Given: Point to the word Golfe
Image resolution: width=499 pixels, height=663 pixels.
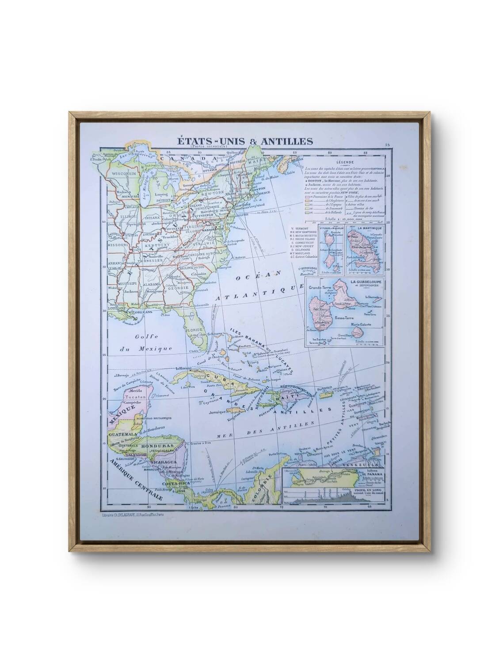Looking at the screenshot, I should pos(132,335).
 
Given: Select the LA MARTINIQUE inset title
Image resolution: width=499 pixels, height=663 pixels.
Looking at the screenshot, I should pos(367,229).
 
